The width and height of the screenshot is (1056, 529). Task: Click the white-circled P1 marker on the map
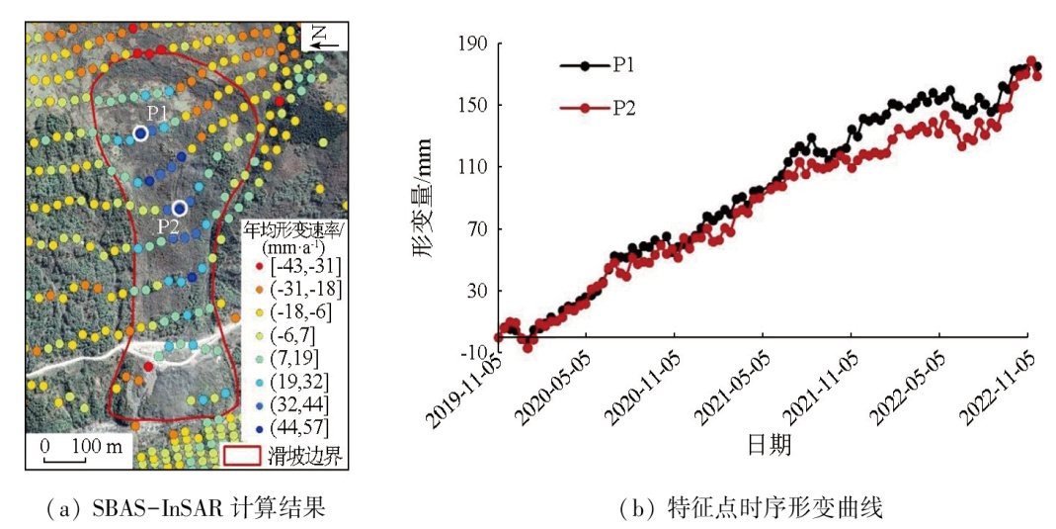click(x=140, y=132)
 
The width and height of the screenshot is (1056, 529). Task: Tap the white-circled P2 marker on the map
click(x=179, y=208)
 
